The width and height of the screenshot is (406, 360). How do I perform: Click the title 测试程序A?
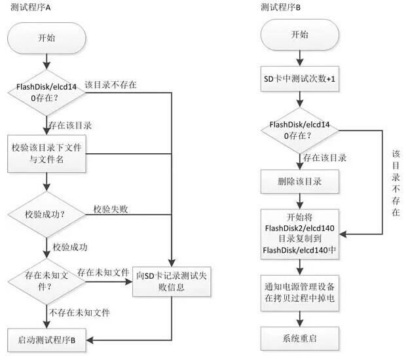[x=31, y=7]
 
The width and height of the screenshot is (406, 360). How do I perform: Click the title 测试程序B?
[x=280, y=7]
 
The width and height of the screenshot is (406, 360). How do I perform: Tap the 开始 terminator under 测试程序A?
[x=46, y=37]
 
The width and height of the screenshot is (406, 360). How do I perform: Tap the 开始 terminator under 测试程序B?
[x=299, y=35]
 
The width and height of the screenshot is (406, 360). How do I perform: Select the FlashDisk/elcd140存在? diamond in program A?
[x=46, y=93]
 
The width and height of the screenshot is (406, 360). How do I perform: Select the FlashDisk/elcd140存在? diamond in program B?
[x=299, y=130]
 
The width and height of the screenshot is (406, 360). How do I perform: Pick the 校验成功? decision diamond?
[x=46, y=213]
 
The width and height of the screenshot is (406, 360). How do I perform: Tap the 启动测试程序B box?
[x=46, y=339]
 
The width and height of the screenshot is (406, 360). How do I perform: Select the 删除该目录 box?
[x=299, y=181]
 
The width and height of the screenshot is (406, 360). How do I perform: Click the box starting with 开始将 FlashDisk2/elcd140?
[x=299, y=232]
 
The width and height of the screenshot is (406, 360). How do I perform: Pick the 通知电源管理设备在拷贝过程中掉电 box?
[x=299, y=291]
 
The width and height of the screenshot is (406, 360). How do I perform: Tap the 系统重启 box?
[x=299, y=339]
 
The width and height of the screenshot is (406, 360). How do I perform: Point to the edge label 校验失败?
[x=110, y=209]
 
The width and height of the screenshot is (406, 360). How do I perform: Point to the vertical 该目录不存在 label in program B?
[x=396, y=183]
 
